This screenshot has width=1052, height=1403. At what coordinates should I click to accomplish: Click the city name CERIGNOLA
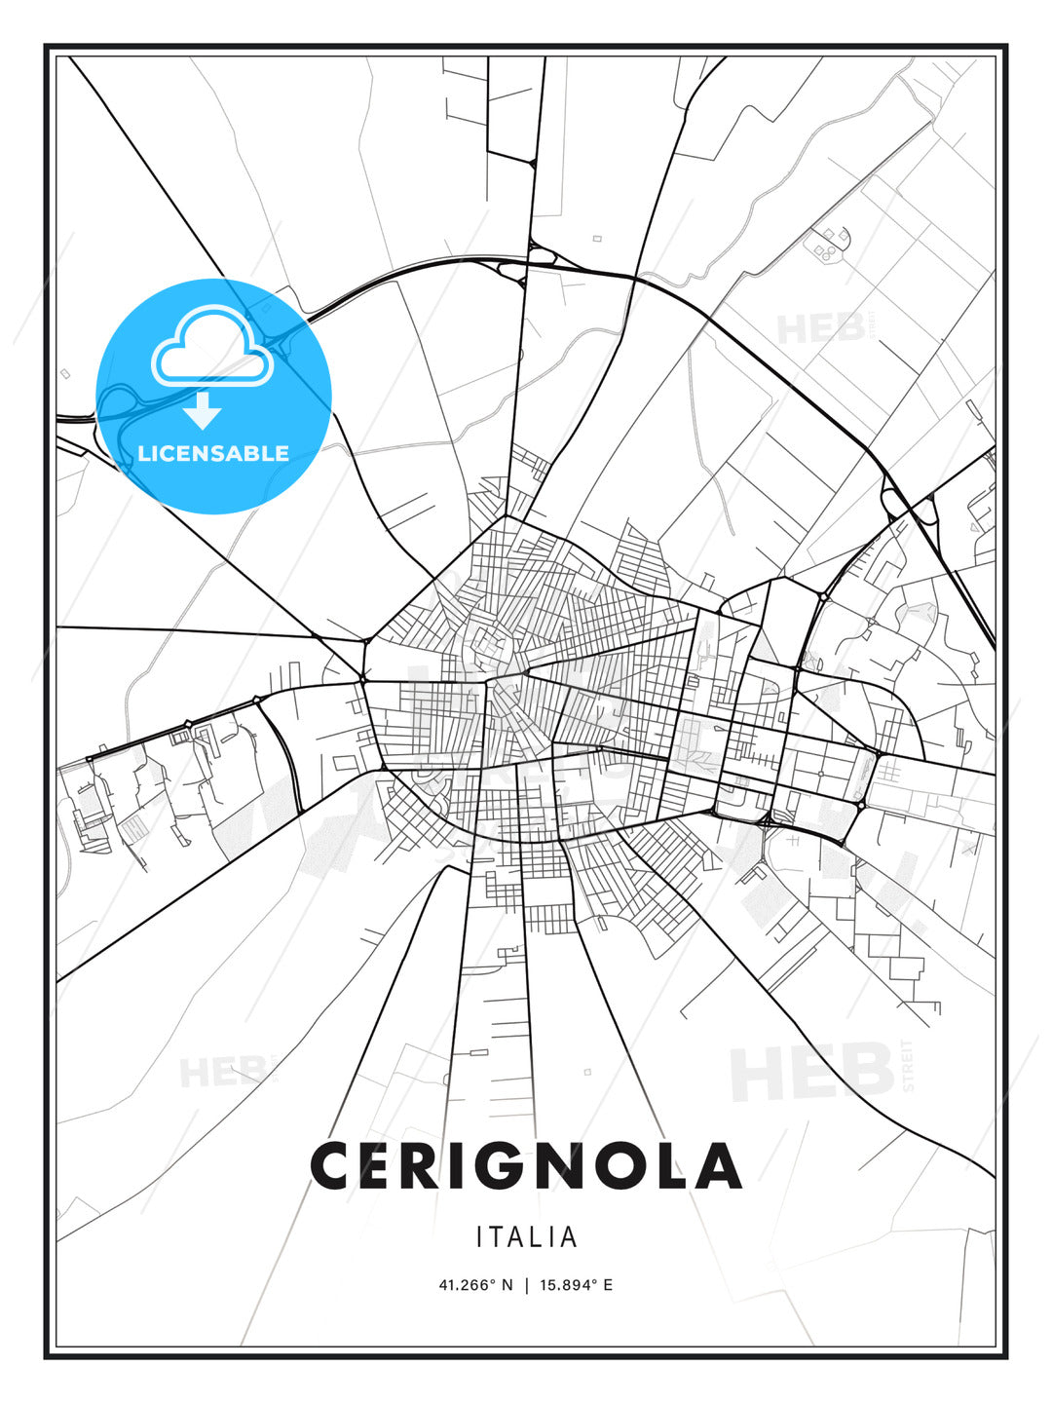point(526,1165)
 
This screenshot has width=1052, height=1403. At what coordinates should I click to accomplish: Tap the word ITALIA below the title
point(526,1237)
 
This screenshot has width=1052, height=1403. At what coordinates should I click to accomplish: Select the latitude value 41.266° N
point(475,1285)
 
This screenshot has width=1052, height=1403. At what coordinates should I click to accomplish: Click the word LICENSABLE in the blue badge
point(213,453)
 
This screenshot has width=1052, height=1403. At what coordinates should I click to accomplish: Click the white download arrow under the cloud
point(203,411)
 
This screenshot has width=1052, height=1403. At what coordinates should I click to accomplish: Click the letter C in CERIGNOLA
point(333,1165)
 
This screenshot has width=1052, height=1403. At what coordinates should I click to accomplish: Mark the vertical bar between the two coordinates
point(527,1285)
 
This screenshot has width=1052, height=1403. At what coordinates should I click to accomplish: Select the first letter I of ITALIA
point(479,1237)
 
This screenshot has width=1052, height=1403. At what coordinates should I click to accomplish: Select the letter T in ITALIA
point(495,1237)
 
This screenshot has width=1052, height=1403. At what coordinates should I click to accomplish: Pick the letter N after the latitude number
point(507,1285)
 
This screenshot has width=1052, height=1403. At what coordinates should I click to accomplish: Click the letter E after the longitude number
point(608,1285)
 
